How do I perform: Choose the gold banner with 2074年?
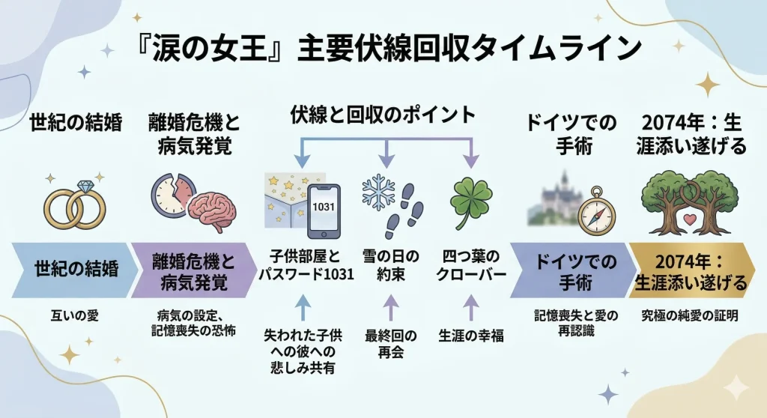click(x=691, y=273)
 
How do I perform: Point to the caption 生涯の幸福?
click(x=470, y=336)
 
